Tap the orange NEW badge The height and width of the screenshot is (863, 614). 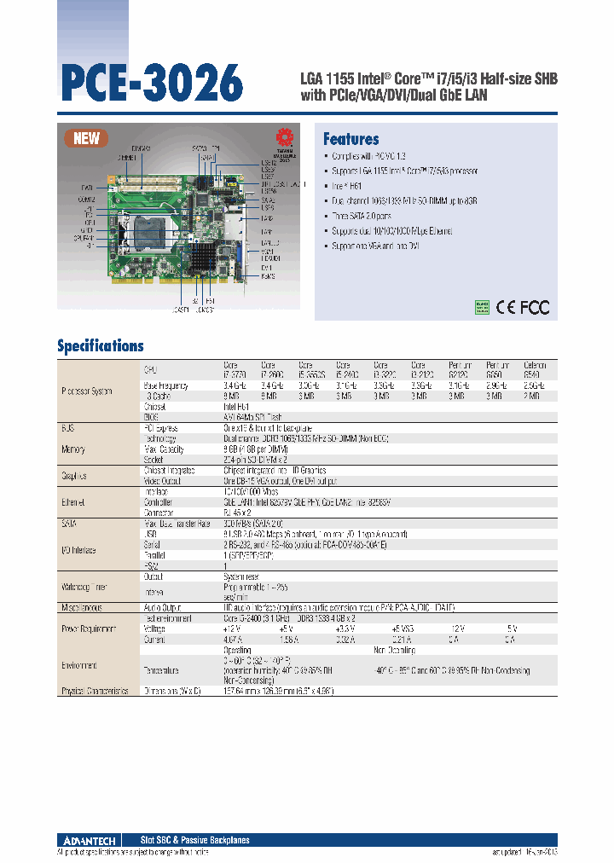pos(86,139)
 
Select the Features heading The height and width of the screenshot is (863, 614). pos(351,139)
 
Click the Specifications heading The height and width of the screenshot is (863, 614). pos(100,345)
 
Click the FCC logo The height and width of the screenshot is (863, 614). pos(535,307)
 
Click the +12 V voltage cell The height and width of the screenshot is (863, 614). pos(232,627)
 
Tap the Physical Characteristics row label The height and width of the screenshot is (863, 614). pos(95,691)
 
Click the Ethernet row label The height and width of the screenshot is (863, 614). pos(73,503)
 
